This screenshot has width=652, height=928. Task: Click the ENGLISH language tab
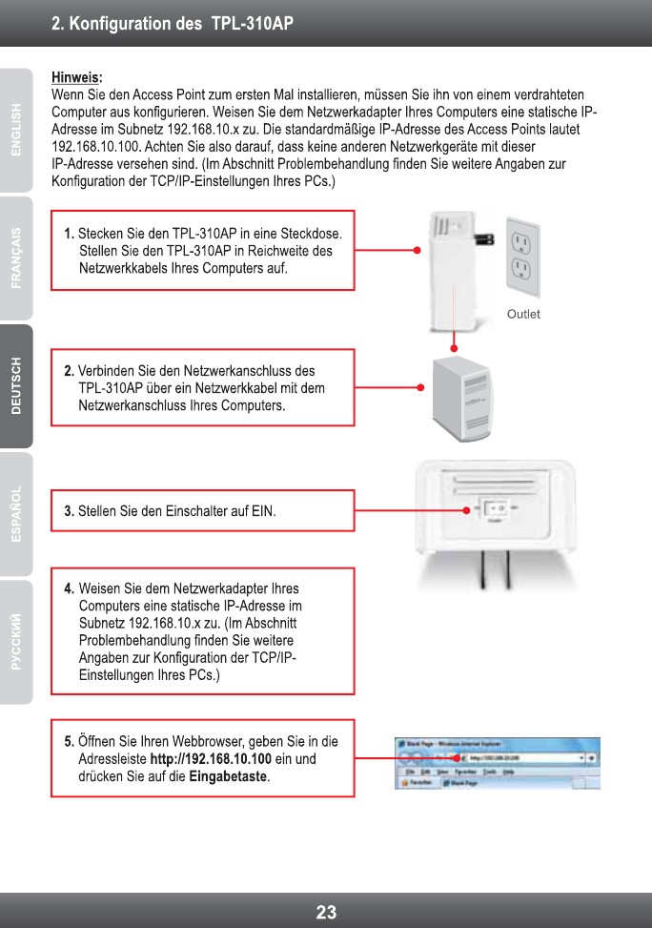15,129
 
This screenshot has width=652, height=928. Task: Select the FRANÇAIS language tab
15,258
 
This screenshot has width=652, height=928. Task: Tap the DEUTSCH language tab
15,385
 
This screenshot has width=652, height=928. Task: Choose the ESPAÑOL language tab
15,514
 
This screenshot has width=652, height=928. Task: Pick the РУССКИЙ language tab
15,642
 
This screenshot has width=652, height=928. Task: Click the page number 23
326,912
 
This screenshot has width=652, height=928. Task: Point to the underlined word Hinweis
74,76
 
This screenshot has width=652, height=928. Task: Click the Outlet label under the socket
523,314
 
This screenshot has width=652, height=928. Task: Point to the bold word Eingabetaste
229,777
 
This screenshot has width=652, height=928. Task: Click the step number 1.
69,234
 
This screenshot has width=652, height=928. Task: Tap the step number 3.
69,511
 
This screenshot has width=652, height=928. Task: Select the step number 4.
69,588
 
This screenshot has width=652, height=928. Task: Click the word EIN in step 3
262,511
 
